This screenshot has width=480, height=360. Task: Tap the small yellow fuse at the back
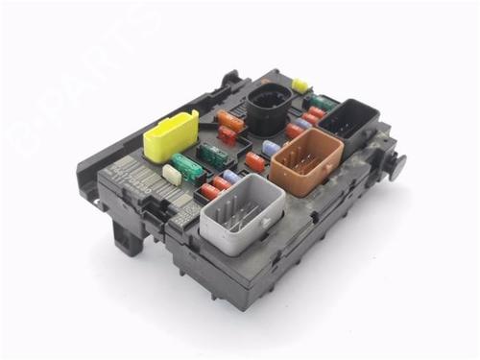[300, 85]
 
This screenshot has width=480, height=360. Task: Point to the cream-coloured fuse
[173, 174]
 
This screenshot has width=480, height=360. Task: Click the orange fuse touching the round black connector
[230, 121]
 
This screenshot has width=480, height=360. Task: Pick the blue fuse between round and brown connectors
[272, 147]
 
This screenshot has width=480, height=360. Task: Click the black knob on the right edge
[395, 163]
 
